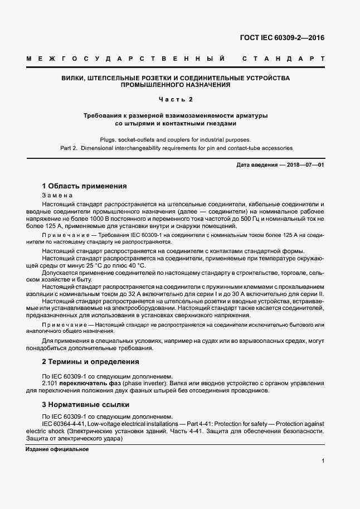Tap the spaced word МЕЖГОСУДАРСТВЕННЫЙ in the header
coord(126,59)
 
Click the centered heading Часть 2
coord(176,100)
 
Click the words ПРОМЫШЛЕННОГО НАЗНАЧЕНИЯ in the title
coord(176,86)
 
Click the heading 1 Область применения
coord(85,186)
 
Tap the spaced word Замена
coord(56,196)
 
